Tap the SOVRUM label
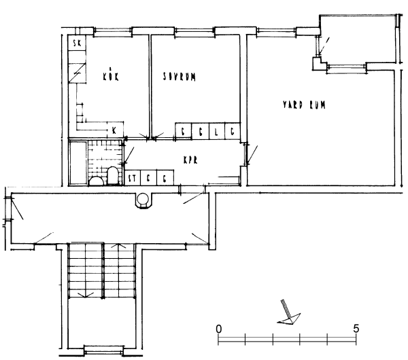tap(179, 77)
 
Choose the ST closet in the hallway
tap(133, 178)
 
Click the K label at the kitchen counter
tap(114, 129)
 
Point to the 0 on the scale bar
tap(219, 328)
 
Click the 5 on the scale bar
tap(356, 328)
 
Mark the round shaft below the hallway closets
tap(143, 200)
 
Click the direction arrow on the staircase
tap(86, 294)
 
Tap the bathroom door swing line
tap(130, 151)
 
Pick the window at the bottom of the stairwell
tap(101, 350)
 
